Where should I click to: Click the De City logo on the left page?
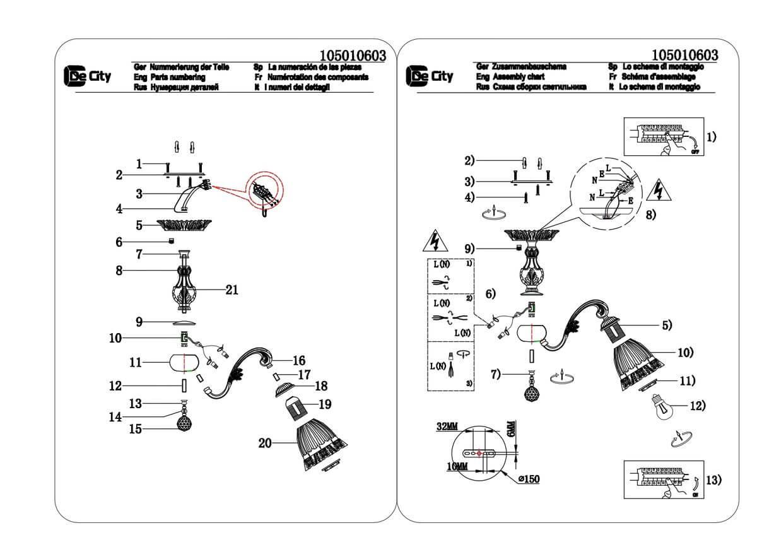88,76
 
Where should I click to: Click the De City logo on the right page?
430,76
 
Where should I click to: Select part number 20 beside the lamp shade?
264,444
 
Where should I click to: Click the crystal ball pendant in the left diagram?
185,421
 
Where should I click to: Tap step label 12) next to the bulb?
698,406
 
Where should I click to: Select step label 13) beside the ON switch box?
713,481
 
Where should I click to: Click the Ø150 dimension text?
529,479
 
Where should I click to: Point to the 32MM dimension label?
447,427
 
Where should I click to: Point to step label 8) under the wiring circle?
649,215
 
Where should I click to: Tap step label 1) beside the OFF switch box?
711,137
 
